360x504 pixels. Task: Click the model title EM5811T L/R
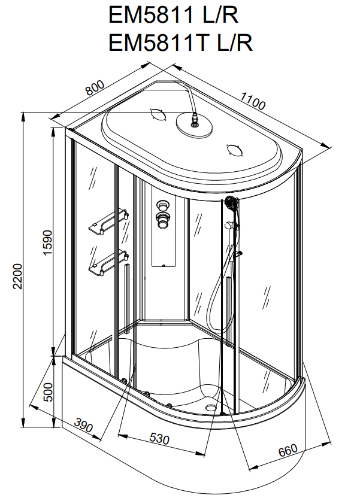point(180,42)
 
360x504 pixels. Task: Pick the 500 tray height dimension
point(49,393)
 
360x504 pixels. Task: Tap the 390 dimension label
point(84,426)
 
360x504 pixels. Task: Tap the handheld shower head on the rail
point(231,204)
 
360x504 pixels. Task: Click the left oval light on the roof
point(158,114)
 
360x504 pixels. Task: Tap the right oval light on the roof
point(234,150)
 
